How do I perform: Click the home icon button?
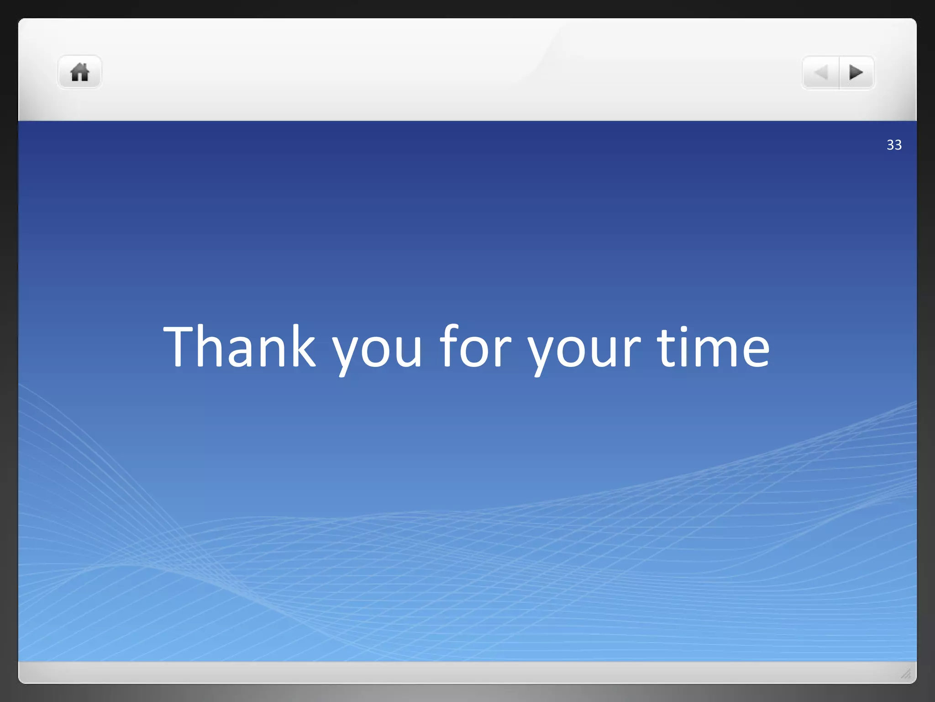click(79, 72)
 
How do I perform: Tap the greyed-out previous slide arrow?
click(821, 72)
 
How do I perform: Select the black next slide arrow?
click(856, 72)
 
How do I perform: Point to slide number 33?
click(894, 145)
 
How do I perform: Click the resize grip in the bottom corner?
click(906, 673)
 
